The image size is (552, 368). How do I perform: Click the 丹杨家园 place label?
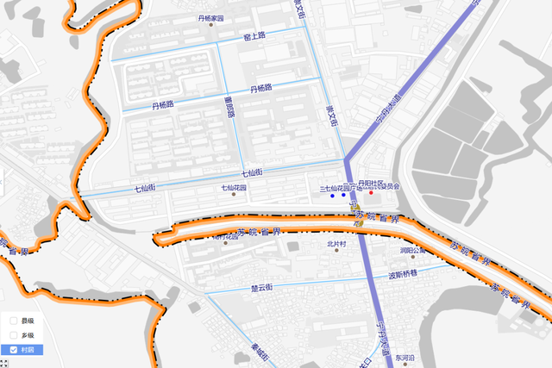point(210,18)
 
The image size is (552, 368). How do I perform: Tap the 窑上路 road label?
point(254,36)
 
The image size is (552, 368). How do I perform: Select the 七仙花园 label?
point(234,187)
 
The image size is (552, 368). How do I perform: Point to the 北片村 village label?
point(336,244)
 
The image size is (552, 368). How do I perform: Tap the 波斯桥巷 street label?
point(402,276)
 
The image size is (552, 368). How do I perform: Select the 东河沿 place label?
point(405,357)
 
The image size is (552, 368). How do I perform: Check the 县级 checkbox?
point(14,321)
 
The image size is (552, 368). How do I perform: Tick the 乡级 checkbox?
point(14,334)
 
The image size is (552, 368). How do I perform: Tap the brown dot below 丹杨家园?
point(211,26)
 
